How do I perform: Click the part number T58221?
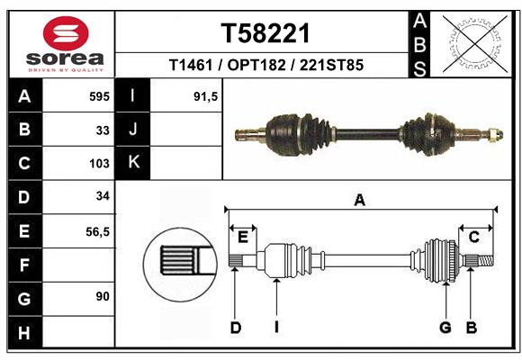[x=265, y=34]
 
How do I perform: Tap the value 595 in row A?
[x=98, y=96]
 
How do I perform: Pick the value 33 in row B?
[x=102, y=130]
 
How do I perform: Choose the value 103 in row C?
[x=99, y=164]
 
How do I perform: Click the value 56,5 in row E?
[x=97, y=231]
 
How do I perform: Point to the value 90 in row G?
[x=101, y=296]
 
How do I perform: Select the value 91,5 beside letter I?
[x=206, y=96]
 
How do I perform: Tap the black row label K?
[x=133, y=163]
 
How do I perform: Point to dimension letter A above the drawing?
[x=360, y=201]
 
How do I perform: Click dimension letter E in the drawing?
[x=242, y=237]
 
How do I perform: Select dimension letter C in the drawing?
[x=473, y=237]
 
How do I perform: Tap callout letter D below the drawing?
[x=235, y=328]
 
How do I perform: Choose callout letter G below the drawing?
[x=445, y=328]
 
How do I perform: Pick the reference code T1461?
[x=190, y=66]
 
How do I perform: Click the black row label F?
[x=23, y=265]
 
